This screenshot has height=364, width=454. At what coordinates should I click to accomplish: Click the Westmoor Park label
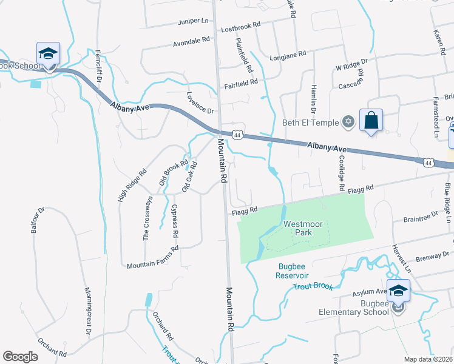(x=299, y=227)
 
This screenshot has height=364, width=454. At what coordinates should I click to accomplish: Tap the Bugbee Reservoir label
(x=294, y=271)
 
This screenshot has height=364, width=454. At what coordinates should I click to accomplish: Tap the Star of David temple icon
(x=348, y=122)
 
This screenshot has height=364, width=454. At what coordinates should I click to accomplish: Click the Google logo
(x=20, y=357)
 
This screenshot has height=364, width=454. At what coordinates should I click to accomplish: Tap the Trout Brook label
(x=313, y=286)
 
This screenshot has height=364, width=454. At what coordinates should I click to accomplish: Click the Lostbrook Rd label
(x=240, y=25)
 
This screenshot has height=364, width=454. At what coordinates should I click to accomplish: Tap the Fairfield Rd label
(x=241, y=81)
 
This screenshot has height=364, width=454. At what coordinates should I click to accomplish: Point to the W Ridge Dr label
(x=352, y=62)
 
